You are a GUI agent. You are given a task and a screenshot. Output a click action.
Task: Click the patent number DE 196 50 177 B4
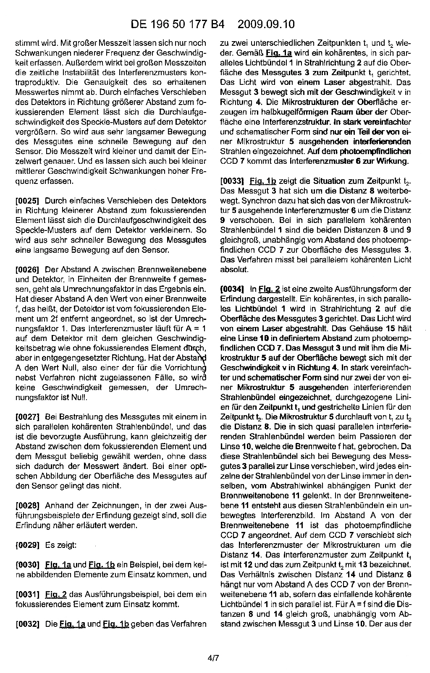[x=178, y=24]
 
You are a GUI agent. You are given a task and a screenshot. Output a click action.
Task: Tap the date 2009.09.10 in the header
[x=266, y=24]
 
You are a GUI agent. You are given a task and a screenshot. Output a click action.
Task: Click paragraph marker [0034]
[x=232, y=289]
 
